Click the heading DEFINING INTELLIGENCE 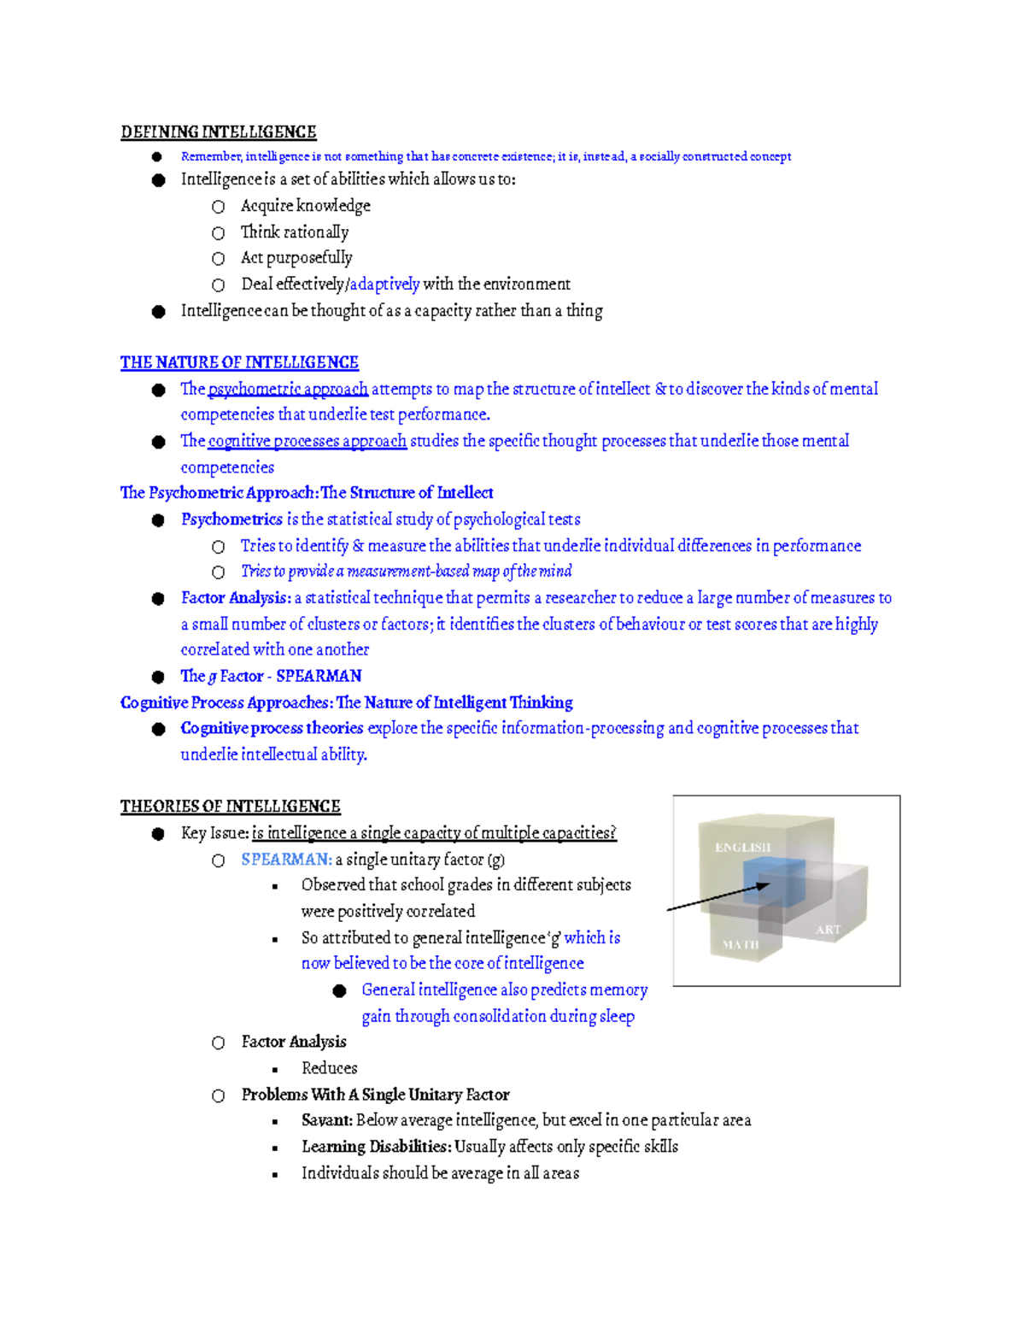[x=219, y=132]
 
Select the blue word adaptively [x=384, y=284]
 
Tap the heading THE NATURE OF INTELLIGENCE [x=239, y=362]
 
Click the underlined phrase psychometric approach [x=288, y=389]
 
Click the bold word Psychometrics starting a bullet [x=231, y=520]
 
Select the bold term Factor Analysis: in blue [x=236, y=598]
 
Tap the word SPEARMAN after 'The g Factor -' [x=319, y=676]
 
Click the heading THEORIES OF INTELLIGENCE [x=231, y=807]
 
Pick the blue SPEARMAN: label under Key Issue [x=286, y=860]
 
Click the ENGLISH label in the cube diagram [x=742, y=847]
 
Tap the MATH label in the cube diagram [x=740, y=944]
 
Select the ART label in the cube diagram [x=828, y=930]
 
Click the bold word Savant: [x=327, y=1120]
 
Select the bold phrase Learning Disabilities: [x=376, y=1147]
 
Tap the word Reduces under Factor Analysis [x=329, y=1068]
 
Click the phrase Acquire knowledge [x=306, y=206]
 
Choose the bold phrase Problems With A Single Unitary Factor [x=375, y=1095]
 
